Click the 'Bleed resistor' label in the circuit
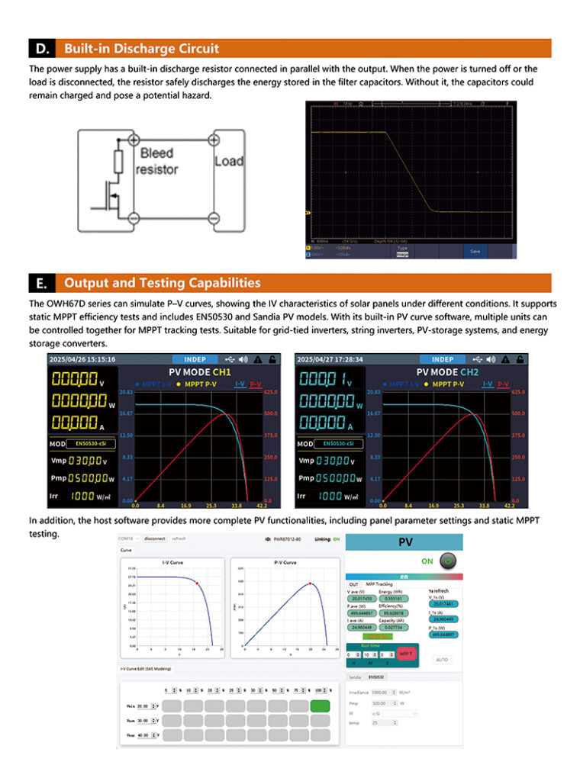pyautogui.click(x=156, y=161)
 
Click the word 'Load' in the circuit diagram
pyautogui.click(x=228, y=161)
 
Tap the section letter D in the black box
pyautogui.click(x=42, y=49)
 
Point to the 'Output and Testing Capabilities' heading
pyautogui.click(x=162, y=283)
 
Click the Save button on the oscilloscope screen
pyautogui.click(x=475, y=250)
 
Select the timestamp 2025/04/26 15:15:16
pyautogui.click(x=82, y=359)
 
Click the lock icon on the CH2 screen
pyautogui.click(x=520, y=359)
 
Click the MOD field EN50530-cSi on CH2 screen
pyautogui.click(x=339, y=443)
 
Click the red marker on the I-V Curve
pyautogui.click(x=197, y=582)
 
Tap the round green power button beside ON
pyautogui.click(x=448, y=561)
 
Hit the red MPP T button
pyautogui.click(x=405, y=654)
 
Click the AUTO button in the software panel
pyautogui.click(x=442, y=658)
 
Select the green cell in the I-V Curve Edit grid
pyautogui.click(x=321, y=705)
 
